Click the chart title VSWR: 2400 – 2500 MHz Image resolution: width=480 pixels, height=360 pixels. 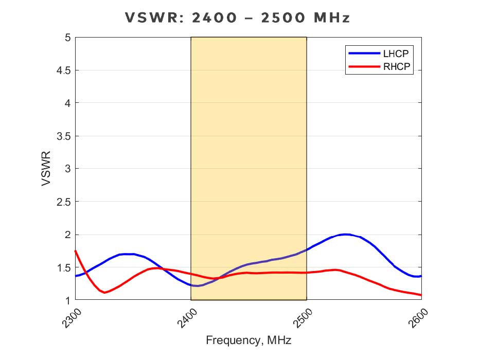(x=238, y=17)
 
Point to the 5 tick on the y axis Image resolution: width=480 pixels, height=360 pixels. (x=66, y=38)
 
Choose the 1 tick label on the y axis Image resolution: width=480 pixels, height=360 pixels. (x=66, y=300)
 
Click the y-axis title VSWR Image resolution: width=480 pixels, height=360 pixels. (x=46, y=168)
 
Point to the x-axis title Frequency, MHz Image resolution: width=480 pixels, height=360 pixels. (x=248, y=340)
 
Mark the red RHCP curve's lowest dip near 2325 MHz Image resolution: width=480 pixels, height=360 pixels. (x=104, y=293)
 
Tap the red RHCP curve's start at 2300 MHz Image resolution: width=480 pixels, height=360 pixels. (x=76, y=251)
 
